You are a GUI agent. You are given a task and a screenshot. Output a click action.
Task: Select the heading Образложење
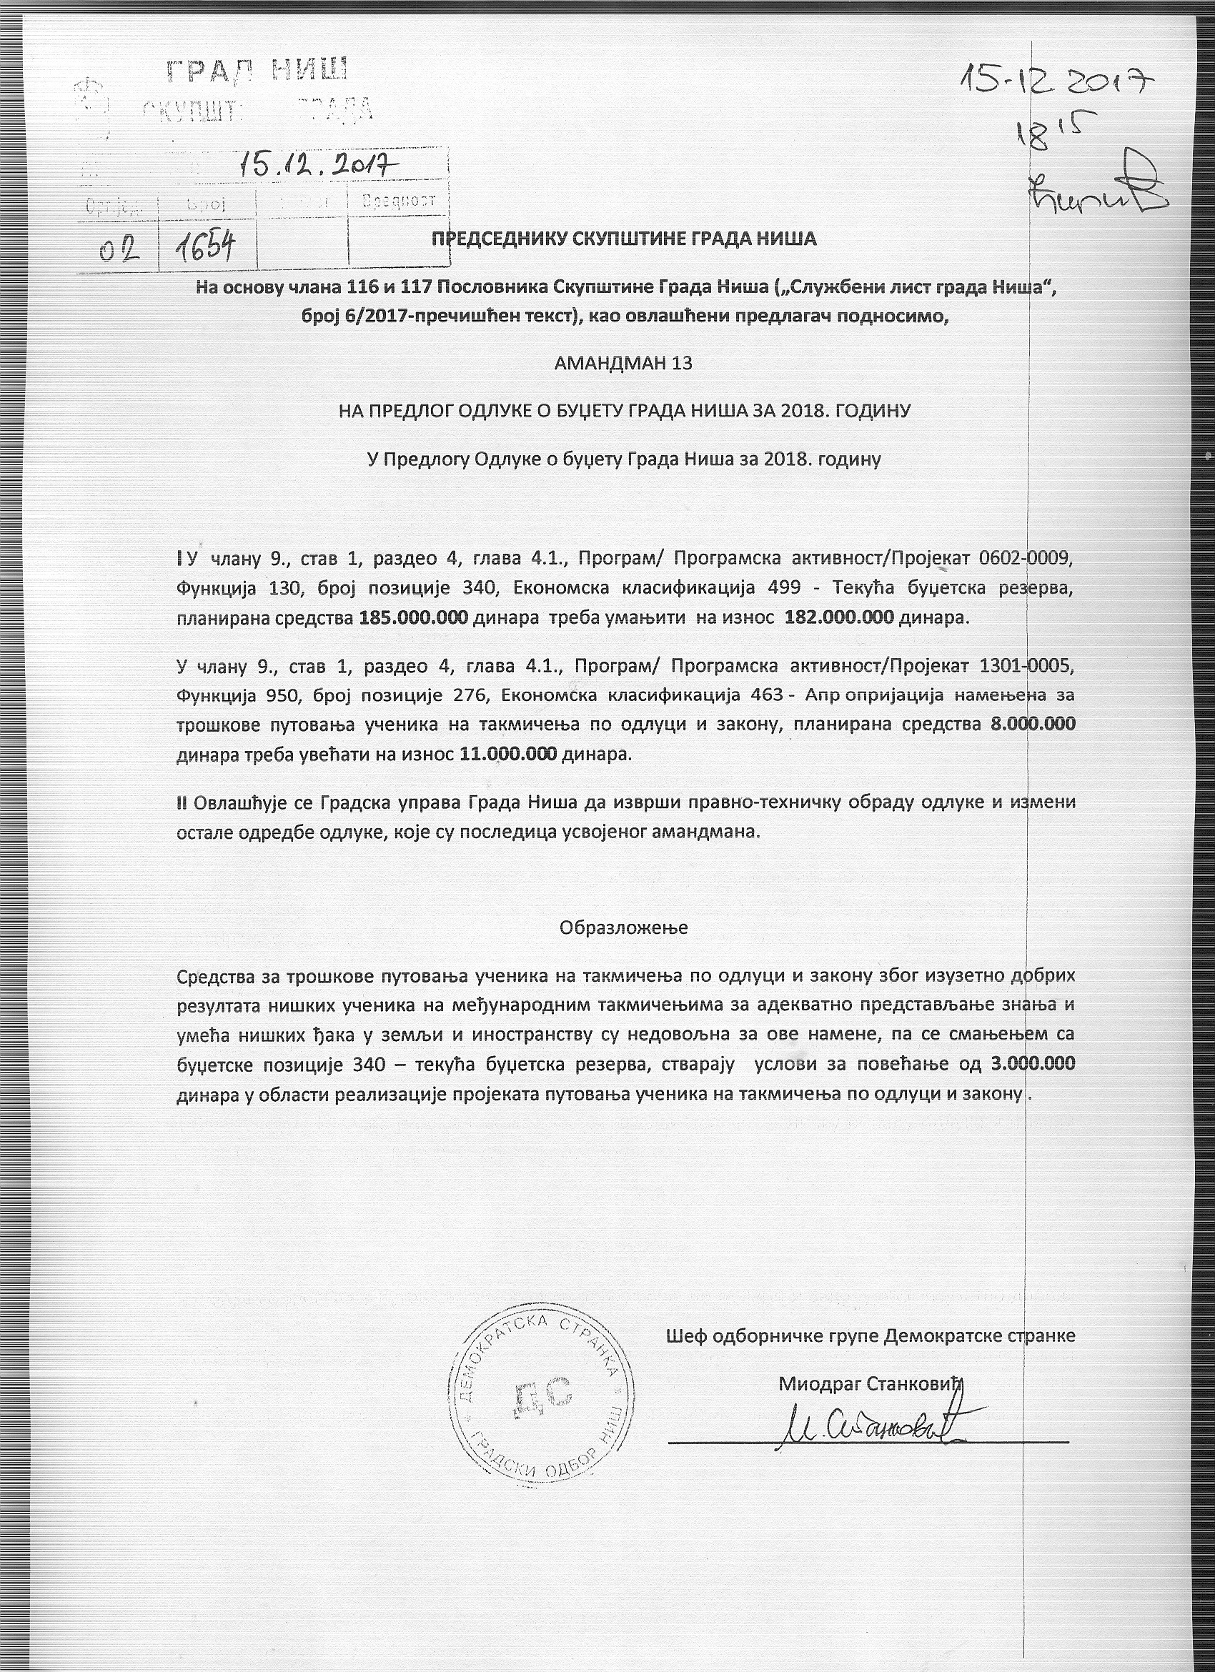coord(624,927)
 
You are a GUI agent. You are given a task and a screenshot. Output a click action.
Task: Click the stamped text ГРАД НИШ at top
coord(257,71)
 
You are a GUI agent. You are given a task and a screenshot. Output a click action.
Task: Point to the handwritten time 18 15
coord(1056,134)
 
